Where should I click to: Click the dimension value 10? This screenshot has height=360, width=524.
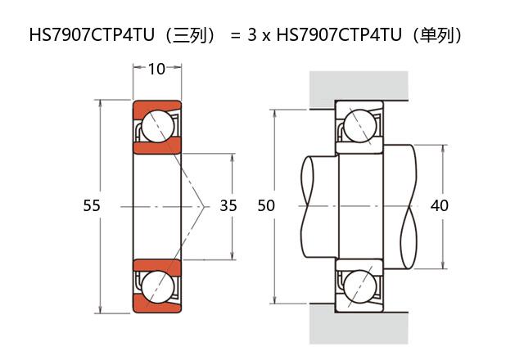coord(156,69)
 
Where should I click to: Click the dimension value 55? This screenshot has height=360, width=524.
coord(92,205)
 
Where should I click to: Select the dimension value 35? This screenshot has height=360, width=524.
coord(228,205)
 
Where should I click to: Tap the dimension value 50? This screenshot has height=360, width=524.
coord(266,205)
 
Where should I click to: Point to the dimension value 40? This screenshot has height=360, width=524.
coord(439,205)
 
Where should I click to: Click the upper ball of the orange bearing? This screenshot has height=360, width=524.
coord(158,126)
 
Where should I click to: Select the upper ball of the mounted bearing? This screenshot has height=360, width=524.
coord(360,126)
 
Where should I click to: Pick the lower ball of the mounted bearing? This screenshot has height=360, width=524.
coord(360,286)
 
